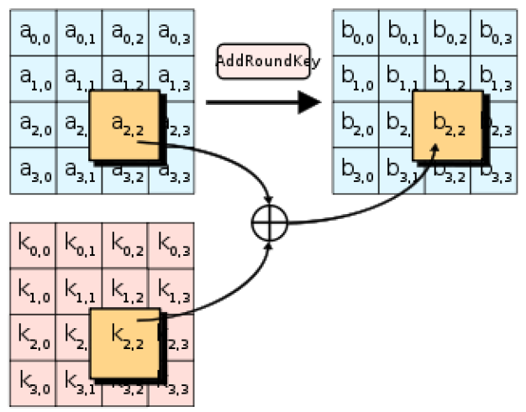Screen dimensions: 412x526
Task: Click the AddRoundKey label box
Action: pyautogui.click(x=268, y=61)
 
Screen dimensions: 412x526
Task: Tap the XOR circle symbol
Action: pyautogui.click(x=270, y=223)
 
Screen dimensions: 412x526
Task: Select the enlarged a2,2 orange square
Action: pyautogui.click(x=124, y=125)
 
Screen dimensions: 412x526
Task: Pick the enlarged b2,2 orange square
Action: pyautogui.click(x=448, y=125)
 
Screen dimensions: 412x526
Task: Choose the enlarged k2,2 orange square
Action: pyautogui.click(x=124, y=341)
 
